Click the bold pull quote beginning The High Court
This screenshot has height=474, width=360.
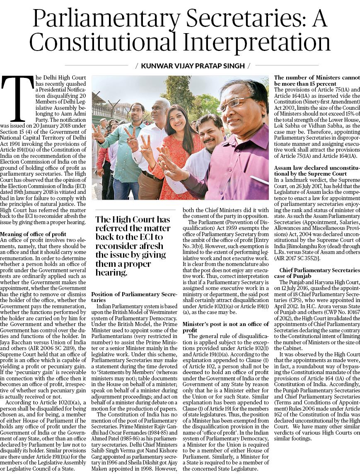(133, 244)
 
